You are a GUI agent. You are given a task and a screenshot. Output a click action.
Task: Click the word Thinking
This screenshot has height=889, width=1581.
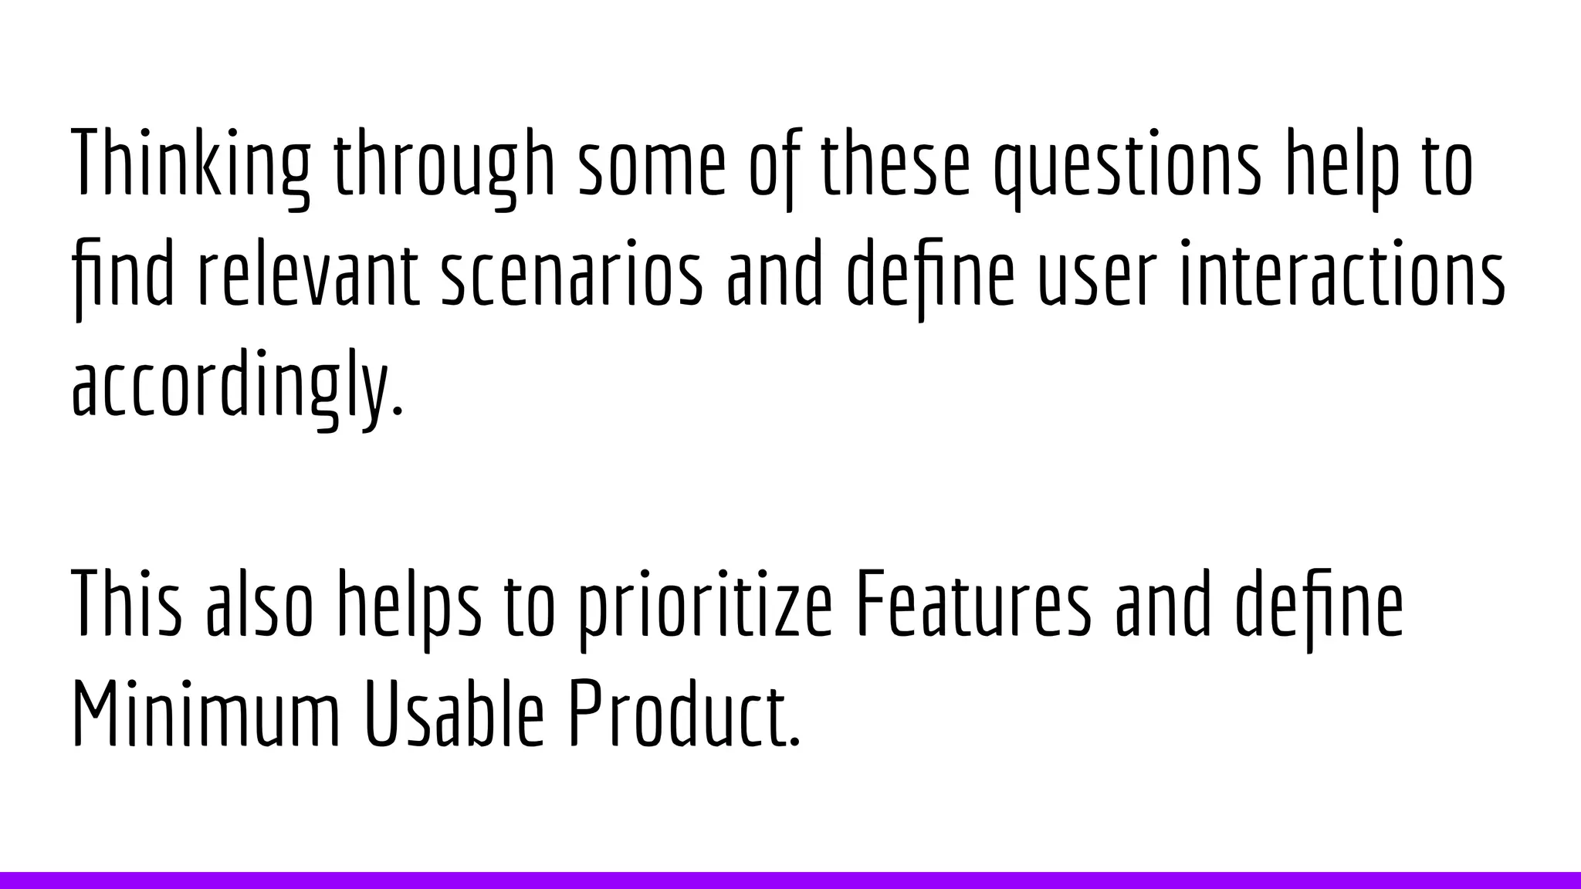[191, 164]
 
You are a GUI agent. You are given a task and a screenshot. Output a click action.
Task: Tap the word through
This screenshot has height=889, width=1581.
[445, 164]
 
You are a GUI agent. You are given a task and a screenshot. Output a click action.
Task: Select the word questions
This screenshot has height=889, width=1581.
[1127, 164]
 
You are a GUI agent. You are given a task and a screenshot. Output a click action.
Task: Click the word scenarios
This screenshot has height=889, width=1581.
[572, 275]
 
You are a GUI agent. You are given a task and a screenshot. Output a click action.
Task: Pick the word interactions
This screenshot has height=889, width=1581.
[1342, 275]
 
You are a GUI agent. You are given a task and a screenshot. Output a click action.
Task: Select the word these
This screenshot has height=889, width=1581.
[894, 164]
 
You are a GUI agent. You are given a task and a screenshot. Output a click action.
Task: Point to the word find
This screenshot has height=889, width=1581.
[123, 275]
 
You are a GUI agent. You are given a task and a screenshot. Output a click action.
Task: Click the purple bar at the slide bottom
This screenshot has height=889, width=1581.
[790, 880]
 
